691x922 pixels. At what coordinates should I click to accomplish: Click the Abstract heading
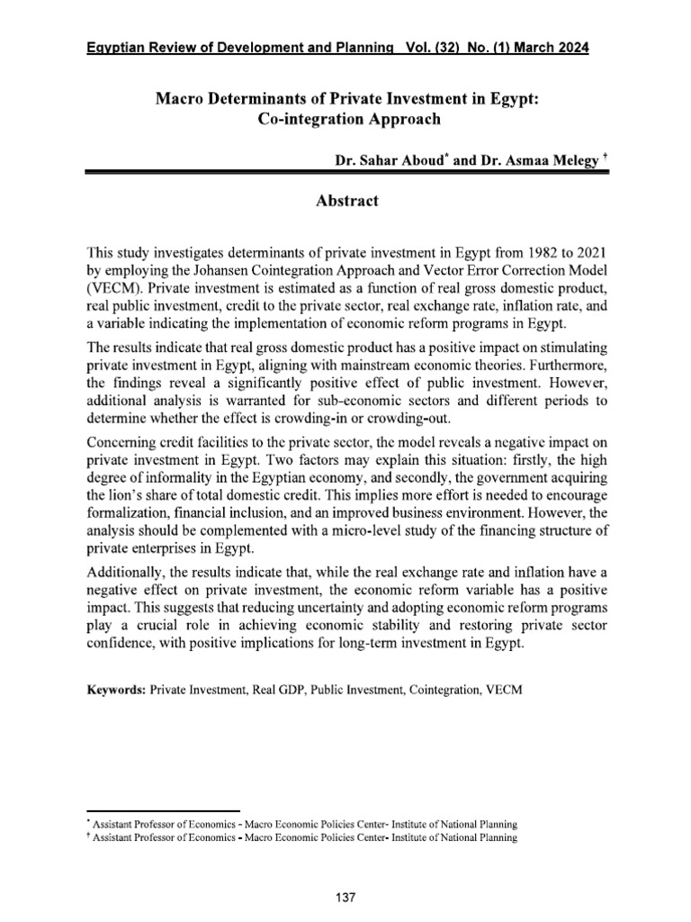pos(345,202)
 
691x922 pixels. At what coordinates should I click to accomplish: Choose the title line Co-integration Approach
pos(345,117)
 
